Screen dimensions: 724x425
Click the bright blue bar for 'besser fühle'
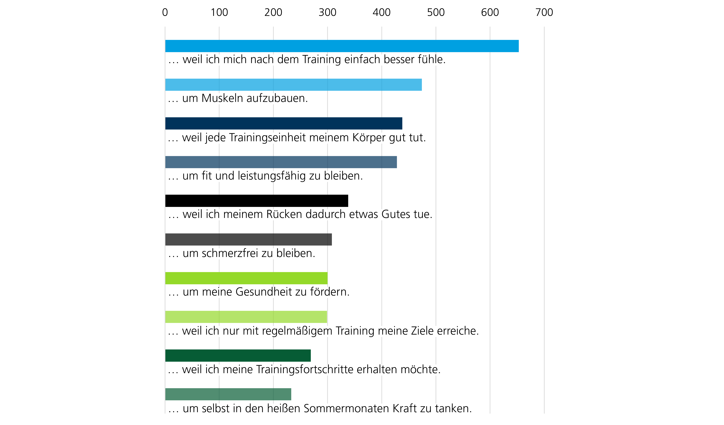[x=342, y=46]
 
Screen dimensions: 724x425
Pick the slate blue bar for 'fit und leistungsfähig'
[x=281, y=162]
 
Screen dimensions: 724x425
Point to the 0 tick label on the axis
[x=165, y=12]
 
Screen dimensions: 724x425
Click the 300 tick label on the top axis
[x=328, y=12]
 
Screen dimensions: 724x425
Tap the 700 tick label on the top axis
[x=544, y=12]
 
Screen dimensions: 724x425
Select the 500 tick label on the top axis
[x=436, y=12]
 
